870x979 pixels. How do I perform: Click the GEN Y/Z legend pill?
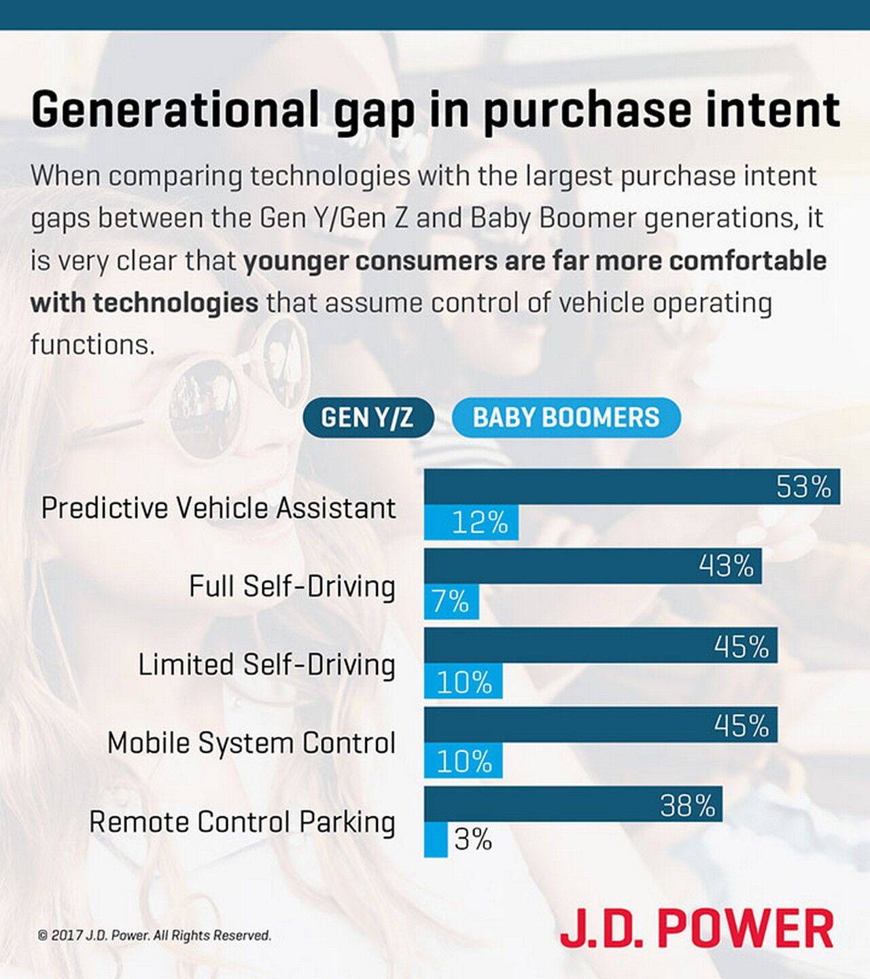(x=368, y=417)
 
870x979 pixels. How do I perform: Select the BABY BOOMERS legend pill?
(x=565, y=417)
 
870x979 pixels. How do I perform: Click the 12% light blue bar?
(x=471, y=523)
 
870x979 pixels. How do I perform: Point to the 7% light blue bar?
(x=451, y=602)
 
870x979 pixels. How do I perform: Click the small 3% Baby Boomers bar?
(x=436, y=840)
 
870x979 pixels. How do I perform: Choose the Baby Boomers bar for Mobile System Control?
(x=463, y=761)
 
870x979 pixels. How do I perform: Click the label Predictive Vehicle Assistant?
(x=218, y=508)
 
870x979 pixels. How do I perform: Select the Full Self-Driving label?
(x=292, y=586)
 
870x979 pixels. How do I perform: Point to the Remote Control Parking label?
(x=242, y=821)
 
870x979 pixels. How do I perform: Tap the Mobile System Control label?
(x=251, y=742)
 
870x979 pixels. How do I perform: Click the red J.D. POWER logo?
(x=697, y=928)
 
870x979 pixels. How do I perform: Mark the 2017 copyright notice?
(x=154, y=935)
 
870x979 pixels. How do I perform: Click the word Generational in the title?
(x=175, y=109)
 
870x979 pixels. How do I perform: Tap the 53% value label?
(x=803, y=487)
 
